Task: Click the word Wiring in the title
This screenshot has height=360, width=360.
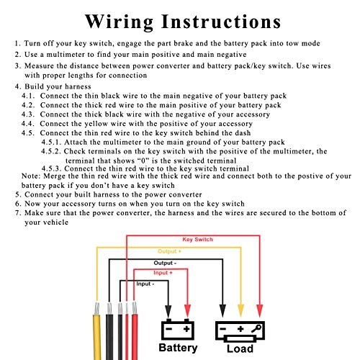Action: tap(119, 22)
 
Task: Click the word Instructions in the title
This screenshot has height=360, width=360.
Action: tap(221, 22)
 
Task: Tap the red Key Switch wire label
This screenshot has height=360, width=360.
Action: tap(197, 239)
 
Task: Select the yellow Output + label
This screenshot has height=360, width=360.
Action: tap(169, 251)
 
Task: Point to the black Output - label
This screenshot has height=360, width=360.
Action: tap(165, 263)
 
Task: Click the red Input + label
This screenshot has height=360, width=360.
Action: tap(163, 273)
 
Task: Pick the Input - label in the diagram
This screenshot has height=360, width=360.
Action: tap(145, 284)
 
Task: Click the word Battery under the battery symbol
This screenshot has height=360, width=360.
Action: tap(178, 348)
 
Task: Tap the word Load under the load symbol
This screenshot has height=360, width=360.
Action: tap(240, 348)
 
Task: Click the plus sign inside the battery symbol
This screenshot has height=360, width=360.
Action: tap(186, 329)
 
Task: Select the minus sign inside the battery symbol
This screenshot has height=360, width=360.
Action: tap(169, 329)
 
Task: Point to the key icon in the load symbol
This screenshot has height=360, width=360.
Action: tap(256, 328)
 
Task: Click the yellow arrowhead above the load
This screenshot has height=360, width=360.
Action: tap(240, 310)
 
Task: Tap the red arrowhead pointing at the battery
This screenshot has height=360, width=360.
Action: tap(187, 310)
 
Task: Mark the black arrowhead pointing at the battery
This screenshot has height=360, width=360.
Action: tap(168, 310)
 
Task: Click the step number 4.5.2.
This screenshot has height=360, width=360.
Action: tap(51, 151)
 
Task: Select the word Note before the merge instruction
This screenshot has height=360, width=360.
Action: tap(30, 176)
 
